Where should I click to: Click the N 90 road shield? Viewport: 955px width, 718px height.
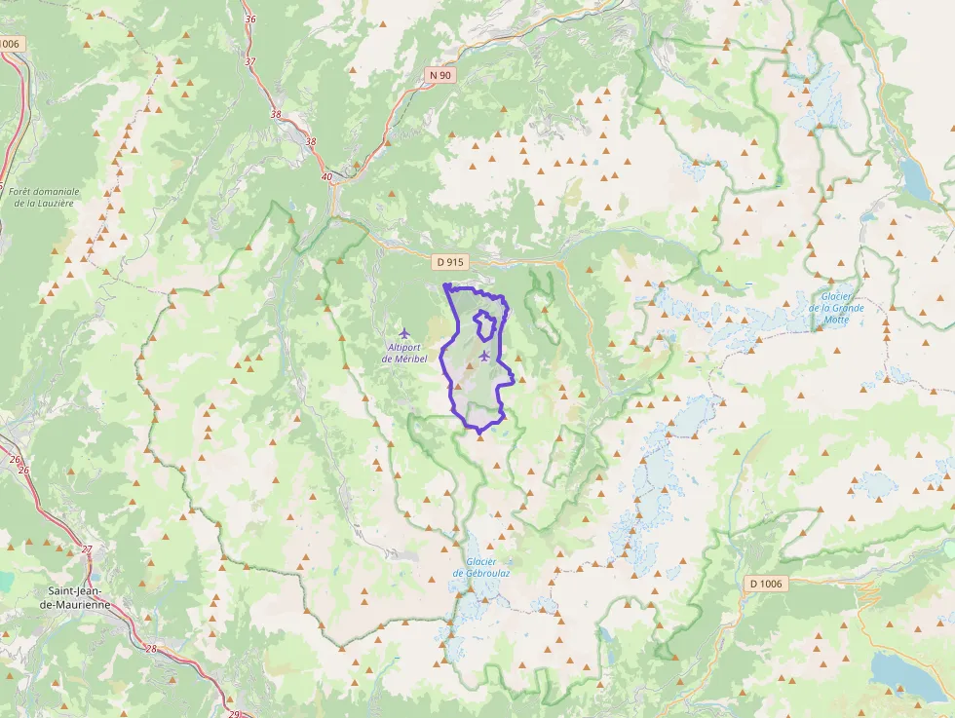[439, 74]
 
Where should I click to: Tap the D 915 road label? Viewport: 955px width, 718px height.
[450, 262]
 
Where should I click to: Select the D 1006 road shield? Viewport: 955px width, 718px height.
[766, 583]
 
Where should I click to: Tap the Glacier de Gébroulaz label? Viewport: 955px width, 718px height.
[481, 567]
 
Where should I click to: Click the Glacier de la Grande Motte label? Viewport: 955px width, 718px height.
[836, 308]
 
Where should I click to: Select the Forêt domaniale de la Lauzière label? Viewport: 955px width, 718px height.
[44, 197]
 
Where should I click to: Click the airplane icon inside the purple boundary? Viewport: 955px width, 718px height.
[484, 355]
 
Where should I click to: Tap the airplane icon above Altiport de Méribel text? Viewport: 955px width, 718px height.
[405, 333]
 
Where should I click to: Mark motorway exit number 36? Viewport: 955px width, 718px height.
[250, 19]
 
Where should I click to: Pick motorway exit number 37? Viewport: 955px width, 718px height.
[250, 61]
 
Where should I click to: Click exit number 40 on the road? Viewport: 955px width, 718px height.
[325, 177]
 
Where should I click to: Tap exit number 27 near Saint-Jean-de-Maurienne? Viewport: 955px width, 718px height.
[87, 549]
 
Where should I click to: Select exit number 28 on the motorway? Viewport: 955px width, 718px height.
[151, 648]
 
